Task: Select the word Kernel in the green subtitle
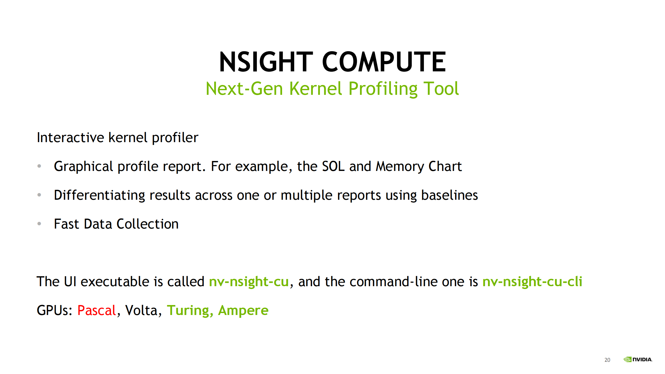(316, 89)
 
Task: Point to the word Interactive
(70, 137)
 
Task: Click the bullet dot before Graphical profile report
(39, 166)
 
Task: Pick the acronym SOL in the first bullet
(333, 166)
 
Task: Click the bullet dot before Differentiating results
(39, 195)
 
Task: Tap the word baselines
(449, 195)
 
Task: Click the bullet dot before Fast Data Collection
(39, 224)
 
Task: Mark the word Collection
(147, 224)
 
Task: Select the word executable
(115, 281)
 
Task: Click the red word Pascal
(96, 310)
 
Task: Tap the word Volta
(141, 310)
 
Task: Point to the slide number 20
(607, 360)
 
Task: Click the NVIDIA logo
(638, 359)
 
